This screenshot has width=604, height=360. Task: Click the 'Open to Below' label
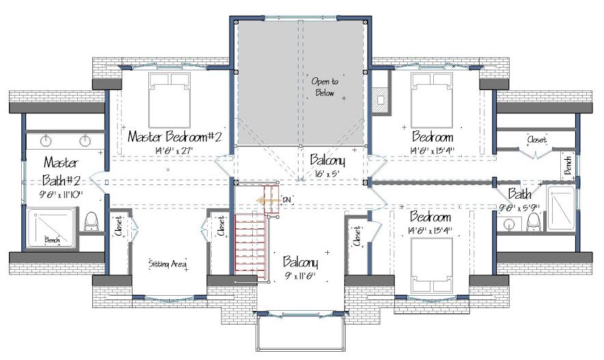tap(325, 87)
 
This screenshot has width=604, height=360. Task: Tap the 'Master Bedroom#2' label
tap(174, 137)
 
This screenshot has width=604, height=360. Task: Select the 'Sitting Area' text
tap(167, 264)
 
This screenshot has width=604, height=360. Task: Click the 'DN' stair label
tap(287, 200)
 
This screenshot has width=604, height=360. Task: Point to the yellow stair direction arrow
tap(266, 201)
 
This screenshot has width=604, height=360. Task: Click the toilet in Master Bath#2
tap(92, 221)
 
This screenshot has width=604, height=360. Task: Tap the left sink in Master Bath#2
tap(46, 141)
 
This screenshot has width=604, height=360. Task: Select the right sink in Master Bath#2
tap(85, 141)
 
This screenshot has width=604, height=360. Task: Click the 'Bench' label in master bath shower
tap(52, 240)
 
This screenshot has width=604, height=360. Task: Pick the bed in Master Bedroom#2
tap(169, 100)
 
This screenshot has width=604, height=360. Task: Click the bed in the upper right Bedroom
tap(432, 100)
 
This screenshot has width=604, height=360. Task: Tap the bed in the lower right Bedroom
tap(431, 266)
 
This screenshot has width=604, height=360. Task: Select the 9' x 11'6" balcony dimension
tap(300, 276)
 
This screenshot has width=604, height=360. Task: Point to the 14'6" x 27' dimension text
tap(174, 150)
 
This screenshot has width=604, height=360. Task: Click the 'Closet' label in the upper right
tap(537, 139)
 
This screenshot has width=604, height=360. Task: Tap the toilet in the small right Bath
tap(534, 222)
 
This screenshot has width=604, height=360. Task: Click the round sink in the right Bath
tap(508, 225)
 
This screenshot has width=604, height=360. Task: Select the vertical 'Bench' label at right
tap(567, 165)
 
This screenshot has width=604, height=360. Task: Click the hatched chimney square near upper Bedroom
tap(381, 100)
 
